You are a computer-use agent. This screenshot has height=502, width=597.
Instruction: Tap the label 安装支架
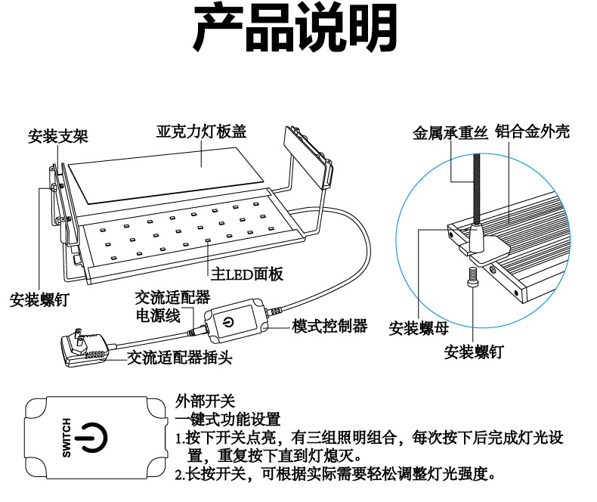point(58,137)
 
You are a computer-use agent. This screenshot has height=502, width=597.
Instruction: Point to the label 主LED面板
point(246,274)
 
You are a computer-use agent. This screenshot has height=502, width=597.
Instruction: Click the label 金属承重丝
point(450,133)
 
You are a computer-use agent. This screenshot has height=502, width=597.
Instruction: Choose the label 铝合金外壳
point(532,132)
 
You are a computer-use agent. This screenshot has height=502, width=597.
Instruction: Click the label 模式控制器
point(329,326)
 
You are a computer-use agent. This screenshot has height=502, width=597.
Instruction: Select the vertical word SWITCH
point(66,437)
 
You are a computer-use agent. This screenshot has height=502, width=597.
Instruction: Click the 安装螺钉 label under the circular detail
point(474,352)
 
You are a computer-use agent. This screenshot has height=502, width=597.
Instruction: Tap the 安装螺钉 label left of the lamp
point(39,300)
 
